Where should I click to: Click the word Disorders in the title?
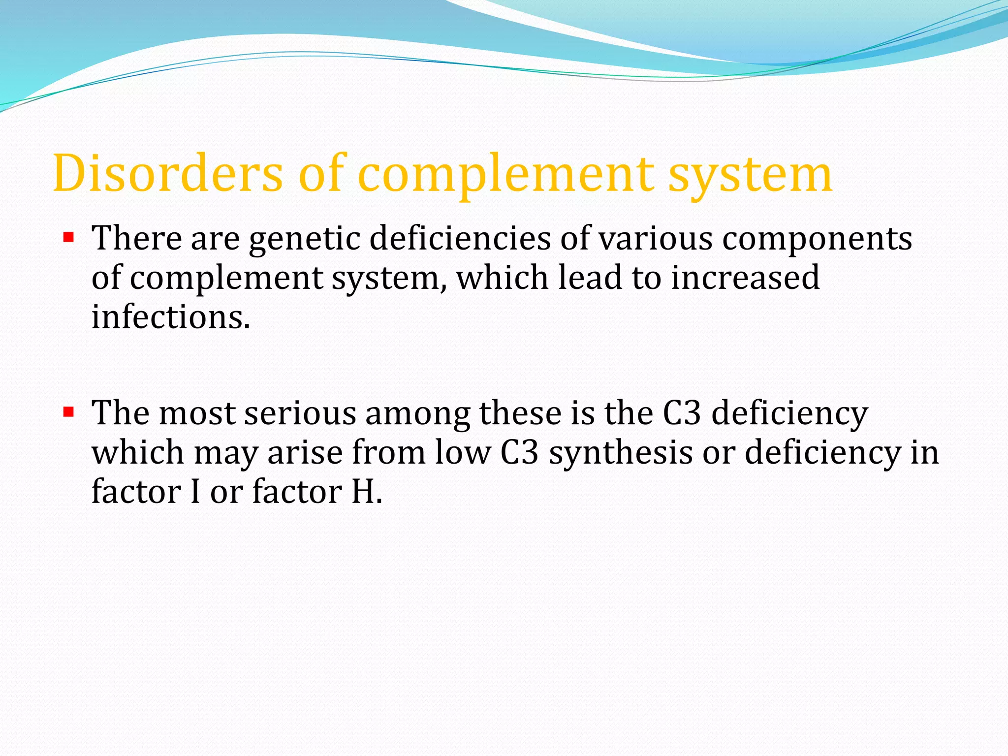(x=168, y=173)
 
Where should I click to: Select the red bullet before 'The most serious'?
(x=68, y=411)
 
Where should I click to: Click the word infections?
(x=170, y=317)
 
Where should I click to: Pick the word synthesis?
(x=621, y=453)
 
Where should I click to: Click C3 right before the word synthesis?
(x=519, y=453)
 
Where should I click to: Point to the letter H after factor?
(x=363, y=492)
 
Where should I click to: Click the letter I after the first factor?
(x=195, y=492)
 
